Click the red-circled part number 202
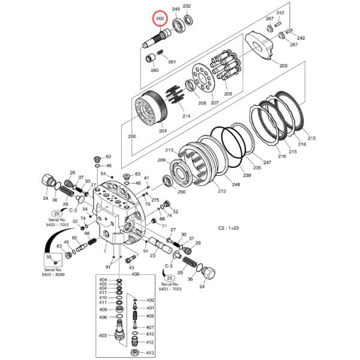click(x=160, y=20)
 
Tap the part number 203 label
click(x=283, y=65)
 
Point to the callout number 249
click(x=176, y=10)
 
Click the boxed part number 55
click(x=50, y=256)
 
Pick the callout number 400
click(x=134, y=274)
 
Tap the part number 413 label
click(x=150, y=353)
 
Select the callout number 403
click(x=103, y=336)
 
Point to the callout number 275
click(x=155, y=199)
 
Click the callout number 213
click(x=169, y=150)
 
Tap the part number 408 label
click(x=150, y=316)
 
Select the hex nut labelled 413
click(x=136, y=352)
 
